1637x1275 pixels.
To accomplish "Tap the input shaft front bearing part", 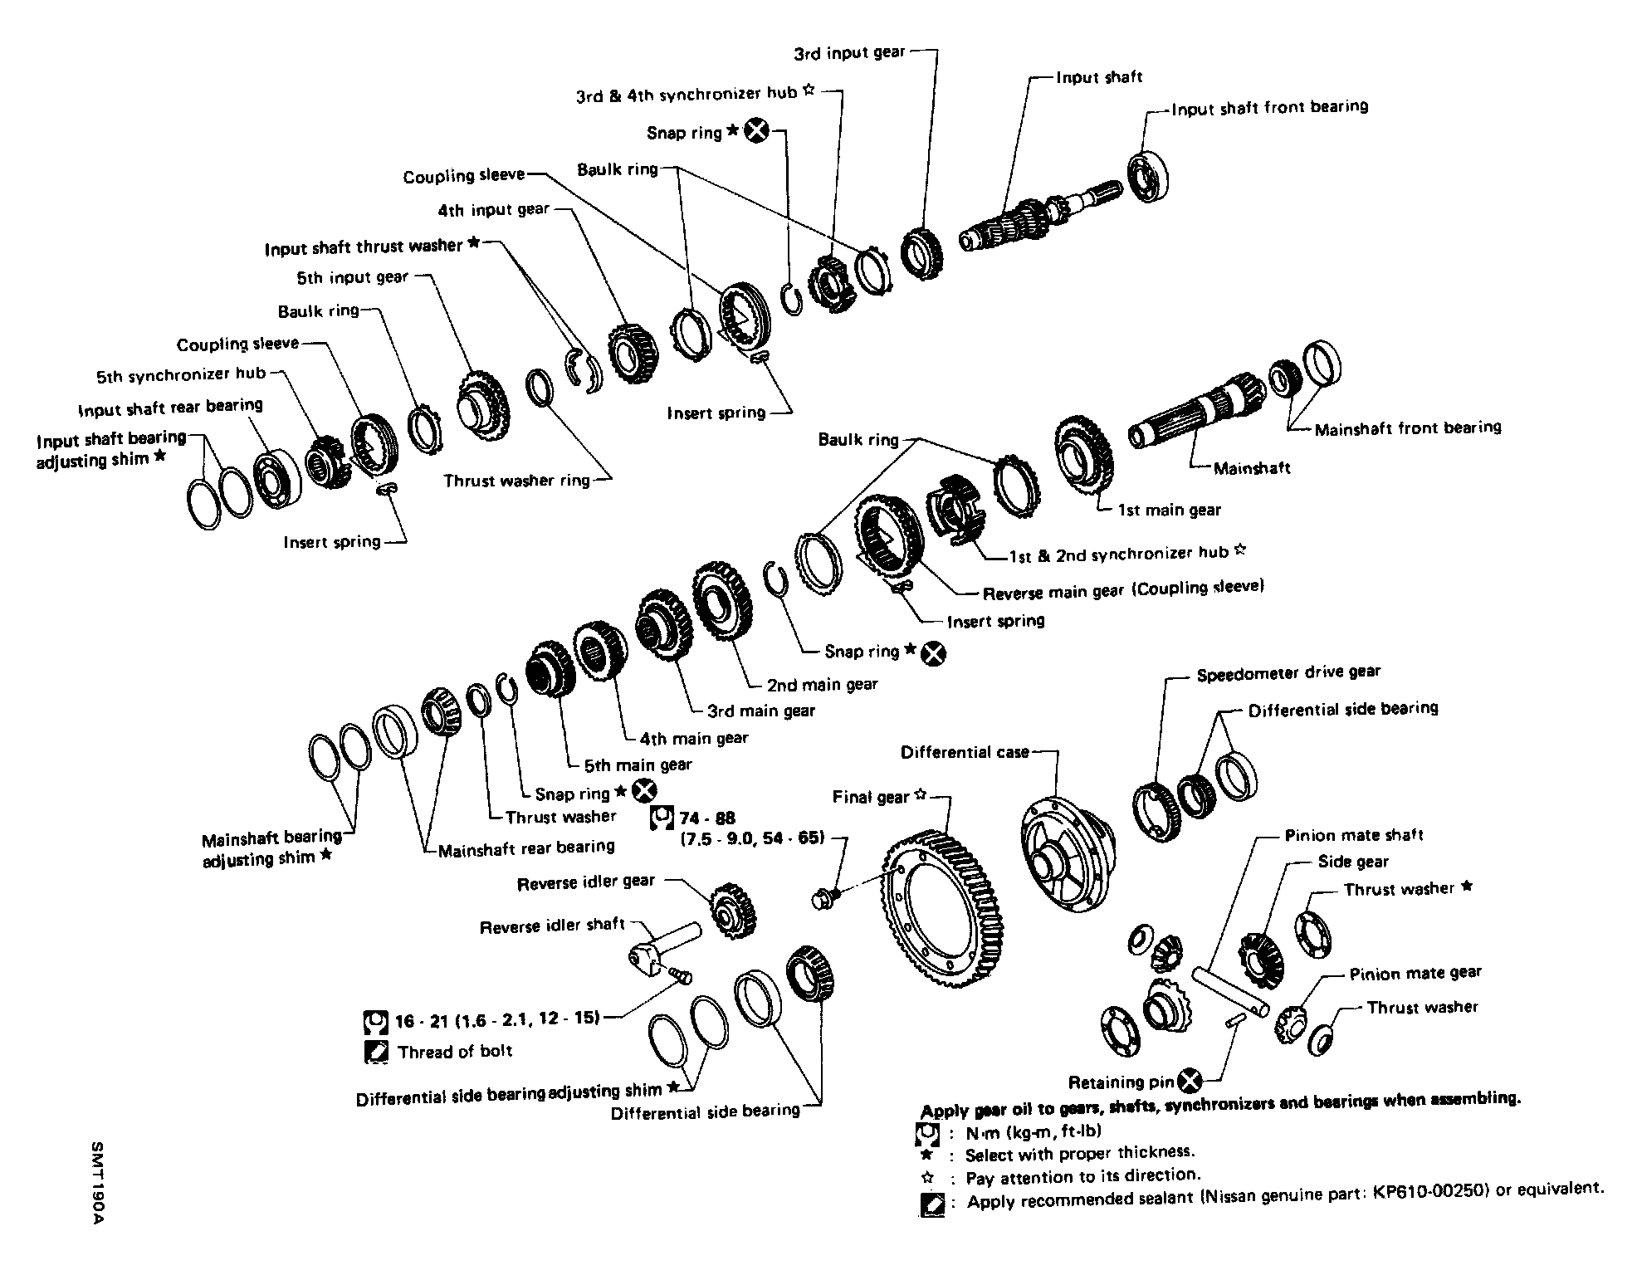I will click(1150, 175).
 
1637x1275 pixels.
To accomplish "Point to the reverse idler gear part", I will click(733, 910).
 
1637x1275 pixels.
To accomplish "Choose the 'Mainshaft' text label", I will click(1252, 468).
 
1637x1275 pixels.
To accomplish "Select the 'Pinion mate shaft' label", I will click(1354, 835).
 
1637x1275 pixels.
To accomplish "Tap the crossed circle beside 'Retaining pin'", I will click(1190, 1081).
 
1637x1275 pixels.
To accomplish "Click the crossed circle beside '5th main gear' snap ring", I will click(644, 792).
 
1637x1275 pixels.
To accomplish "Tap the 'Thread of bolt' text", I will click(454, 1052).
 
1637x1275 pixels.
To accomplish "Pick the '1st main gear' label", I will click(1170, 510).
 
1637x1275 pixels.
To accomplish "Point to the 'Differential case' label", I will click(965, 753).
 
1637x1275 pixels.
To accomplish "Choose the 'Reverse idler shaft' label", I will click(552, 926).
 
